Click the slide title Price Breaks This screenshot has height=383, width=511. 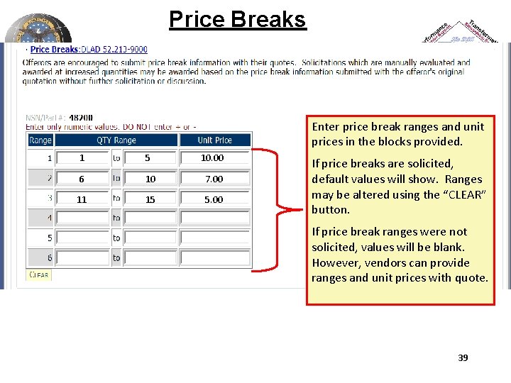[237, 19]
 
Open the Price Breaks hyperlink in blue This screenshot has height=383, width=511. [54, 50]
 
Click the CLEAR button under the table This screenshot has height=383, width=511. [38, 274]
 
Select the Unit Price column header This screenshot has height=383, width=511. [214, 140]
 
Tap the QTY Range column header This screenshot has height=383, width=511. [116, 140]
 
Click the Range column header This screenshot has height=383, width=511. [40, 140]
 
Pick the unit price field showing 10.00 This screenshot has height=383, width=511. [214, 158]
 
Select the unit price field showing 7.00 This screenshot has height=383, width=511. [214, 179]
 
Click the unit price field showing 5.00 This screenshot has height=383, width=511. [214, 199]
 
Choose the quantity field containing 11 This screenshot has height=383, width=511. [82, 199]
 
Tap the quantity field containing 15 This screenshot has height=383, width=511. [150, 199]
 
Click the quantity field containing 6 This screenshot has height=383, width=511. [82, 179]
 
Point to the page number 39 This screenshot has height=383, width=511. [463, 358]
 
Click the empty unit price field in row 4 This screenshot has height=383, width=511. [214, 218]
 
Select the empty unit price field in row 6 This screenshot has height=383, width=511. [214, 258]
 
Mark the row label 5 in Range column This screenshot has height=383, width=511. [50, 238]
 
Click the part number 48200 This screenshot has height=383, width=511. [81, 118]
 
